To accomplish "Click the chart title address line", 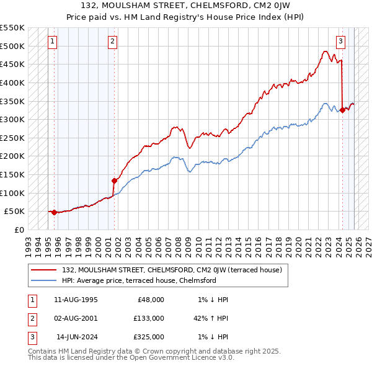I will point(186,6).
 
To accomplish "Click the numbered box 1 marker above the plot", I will point(52,42).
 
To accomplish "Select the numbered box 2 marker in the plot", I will point(112,42).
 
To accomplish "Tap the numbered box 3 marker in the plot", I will point(340,42).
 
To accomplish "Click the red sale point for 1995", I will point(54,212).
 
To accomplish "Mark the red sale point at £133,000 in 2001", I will point(114,181).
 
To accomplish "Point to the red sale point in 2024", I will point(342,110).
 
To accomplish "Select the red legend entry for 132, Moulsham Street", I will point(172,270).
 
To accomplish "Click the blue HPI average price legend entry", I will point(139,280).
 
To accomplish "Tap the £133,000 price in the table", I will point(149,318).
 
